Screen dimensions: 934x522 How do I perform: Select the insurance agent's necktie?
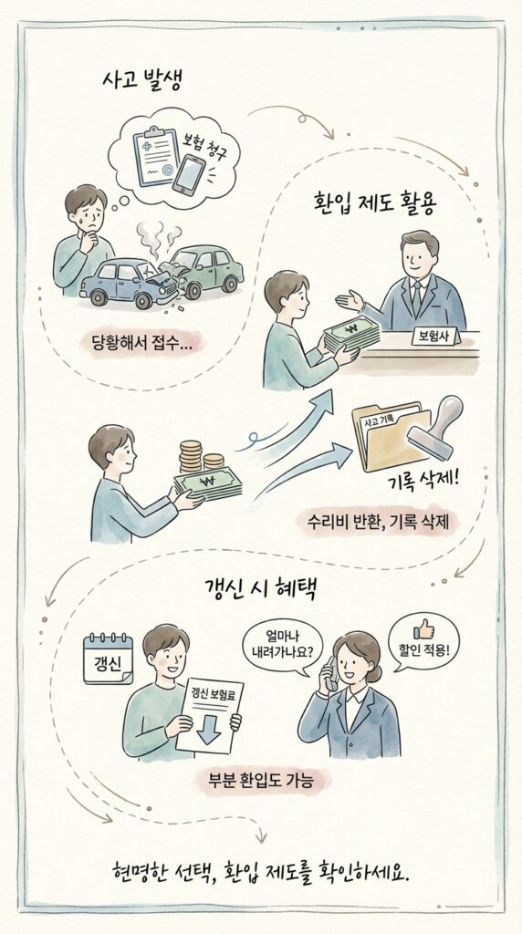point(416,296)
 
